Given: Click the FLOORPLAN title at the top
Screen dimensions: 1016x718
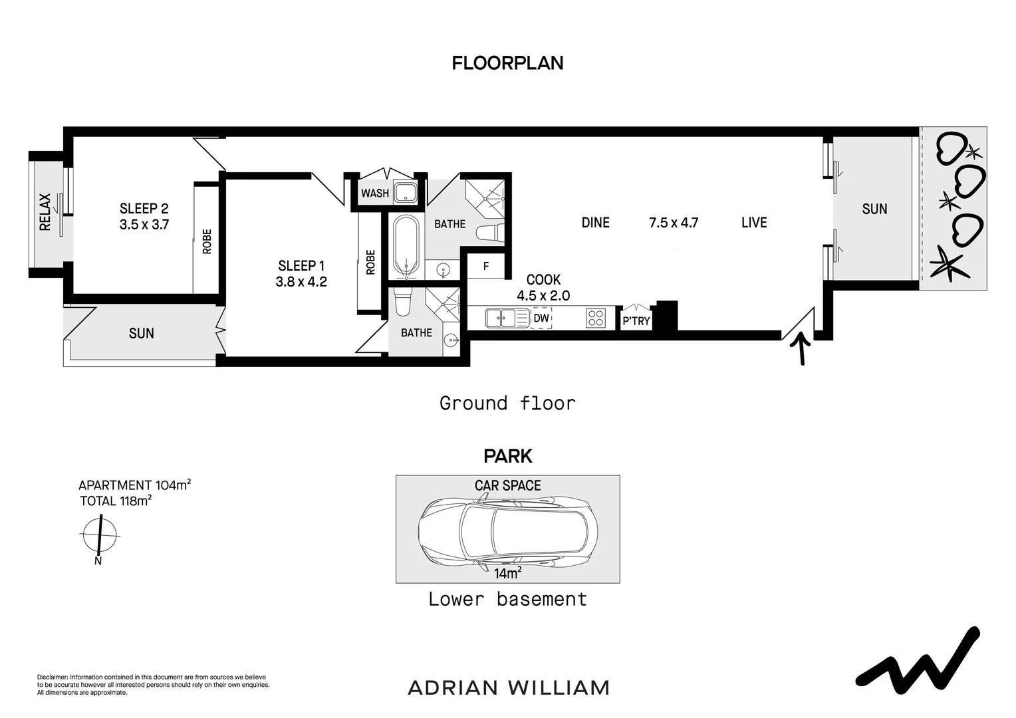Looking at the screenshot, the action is [507, 63].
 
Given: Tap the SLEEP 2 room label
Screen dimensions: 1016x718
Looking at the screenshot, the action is [144, 209].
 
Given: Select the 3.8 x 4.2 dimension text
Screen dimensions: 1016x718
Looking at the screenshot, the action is [301, 282].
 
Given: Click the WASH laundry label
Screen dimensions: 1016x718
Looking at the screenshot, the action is [375, 193].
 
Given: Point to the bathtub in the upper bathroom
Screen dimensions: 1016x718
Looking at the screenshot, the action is [406, 246].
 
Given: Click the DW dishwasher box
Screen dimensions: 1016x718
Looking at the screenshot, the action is [541, 318].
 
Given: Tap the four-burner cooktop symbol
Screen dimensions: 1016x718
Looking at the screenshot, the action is [596, 318].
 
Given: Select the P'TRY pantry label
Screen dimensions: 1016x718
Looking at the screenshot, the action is [636, 321].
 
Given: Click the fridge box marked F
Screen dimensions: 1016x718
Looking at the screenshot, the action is [486, 266].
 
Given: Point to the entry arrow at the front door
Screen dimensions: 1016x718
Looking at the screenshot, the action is [801, 348].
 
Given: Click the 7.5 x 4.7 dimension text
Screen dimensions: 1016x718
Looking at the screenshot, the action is [674, 223].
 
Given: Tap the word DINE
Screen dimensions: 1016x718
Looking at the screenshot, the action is [596, 223].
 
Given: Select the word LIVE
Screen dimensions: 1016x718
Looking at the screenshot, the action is [754, 223].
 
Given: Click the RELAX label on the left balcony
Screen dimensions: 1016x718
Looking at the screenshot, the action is [45, 212].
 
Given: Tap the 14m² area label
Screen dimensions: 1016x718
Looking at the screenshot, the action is [507, 573].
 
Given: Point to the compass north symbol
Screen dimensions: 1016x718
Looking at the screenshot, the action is [99, 536].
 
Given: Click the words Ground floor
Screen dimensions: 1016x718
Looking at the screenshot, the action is [507, 404].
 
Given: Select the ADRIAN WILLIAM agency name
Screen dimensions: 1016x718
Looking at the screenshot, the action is [509, 688].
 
